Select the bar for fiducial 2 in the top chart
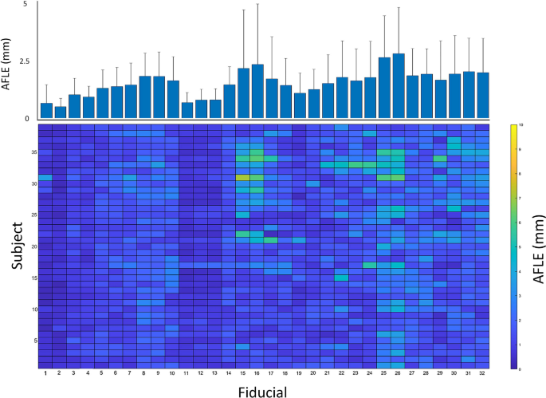[x=60, y=112]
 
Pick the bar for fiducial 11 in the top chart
[x=187, y=111]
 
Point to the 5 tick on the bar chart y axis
[x=25, y=4]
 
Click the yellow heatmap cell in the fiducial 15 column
[x=243, y=178]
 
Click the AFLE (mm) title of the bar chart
[x=8, y=61]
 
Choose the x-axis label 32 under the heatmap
[x=482, y=373]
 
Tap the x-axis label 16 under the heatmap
[x=257, y=373]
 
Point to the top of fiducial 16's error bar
[x=257, y=4]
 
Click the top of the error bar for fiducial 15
[x=243, y=10]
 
